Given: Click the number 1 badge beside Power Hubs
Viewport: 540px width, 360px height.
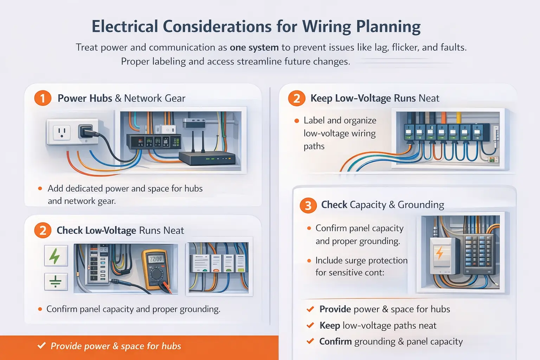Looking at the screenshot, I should (x=43, y=98).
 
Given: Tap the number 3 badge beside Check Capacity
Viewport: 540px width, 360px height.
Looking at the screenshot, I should (x=308, y=205).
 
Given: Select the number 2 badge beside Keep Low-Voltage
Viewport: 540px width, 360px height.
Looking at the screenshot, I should (x=297, y=98).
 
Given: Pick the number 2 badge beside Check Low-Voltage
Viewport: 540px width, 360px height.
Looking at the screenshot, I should (x=43, y=231).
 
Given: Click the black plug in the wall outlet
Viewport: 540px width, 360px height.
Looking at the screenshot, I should (x=86, y=131).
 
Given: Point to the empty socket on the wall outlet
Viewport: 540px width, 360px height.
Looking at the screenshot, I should (x=62, y=133).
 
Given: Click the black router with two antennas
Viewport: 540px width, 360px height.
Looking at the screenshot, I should (x=207, y=158).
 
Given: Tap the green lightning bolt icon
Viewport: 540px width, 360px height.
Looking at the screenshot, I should (x=56, y=256).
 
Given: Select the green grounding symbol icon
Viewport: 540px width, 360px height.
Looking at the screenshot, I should (x=56, y=282).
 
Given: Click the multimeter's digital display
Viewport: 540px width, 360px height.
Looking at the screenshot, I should (x=156, y=259).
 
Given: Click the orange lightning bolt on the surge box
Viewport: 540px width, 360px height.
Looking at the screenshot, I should (x=439, y=252).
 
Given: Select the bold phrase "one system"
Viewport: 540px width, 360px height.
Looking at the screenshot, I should (x=254, y=47).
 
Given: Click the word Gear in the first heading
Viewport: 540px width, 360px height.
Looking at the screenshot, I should (x=175, y=98).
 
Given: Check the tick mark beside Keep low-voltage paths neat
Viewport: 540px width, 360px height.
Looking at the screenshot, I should (x=310, y=326).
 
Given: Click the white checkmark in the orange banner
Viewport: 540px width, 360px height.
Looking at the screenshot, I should (x=41, y=346).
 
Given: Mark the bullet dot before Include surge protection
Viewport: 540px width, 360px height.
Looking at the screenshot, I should (x=309, y=261).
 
